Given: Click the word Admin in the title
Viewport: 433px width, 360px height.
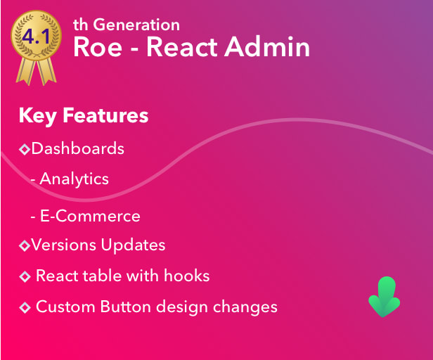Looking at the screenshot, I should (x=271, y=47).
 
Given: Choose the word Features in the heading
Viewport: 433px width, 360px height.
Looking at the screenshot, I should (x=105, y=115).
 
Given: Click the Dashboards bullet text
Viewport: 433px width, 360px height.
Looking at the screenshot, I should (x=78, y=149).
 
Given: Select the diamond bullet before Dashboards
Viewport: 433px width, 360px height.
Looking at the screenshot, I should (x=25, y=150).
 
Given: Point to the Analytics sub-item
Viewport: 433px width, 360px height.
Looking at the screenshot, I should (x=74, y=179).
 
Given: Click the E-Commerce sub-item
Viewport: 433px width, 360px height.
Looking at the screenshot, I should (x=89, y=216).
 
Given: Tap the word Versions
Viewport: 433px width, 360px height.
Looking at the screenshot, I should (x=64, y=245).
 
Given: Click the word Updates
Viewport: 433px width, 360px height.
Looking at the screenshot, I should (x=133, y=245).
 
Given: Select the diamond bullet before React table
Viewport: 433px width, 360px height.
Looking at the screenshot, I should (x=25, y=276).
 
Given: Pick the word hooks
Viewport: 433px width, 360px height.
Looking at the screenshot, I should (x=186, y=276).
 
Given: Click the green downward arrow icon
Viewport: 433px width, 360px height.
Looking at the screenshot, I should (x=384, y=296).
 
